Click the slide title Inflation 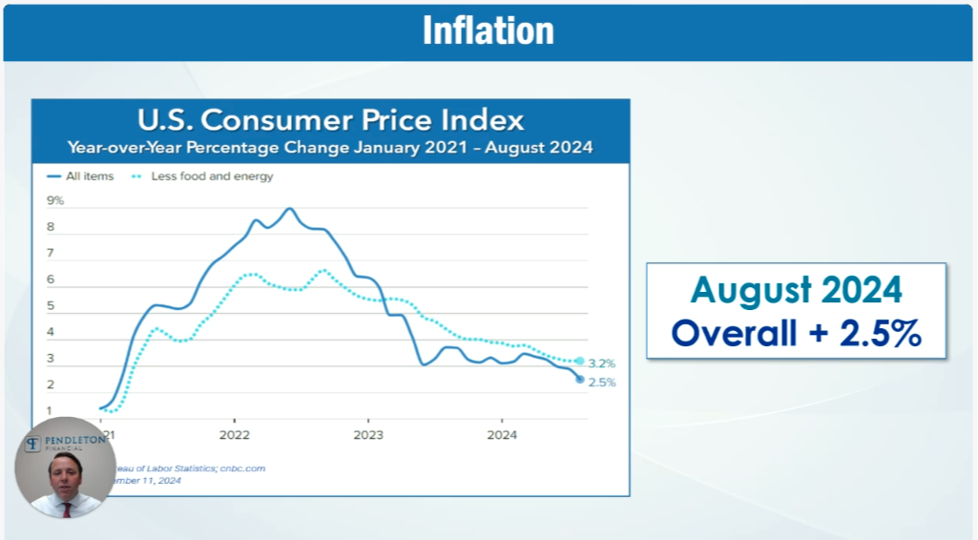pyautogui.click(x=488, y=31)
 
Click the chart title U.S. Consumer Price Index pyautogui.click(x=331, y=121)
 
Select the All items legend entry pyautogui.click(x=87, y=177)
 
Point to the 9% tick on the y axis pyautogui.click(x=55, y=201)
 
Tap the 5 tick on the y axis pyautogui.click(x=51, y=307)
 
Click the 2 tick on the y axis pyautogui.click(x=51, y=385)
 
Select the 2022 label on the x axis pyautogui.click(x=234, y=436)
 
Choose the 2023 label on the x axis pyautogui.click(x=368, y=436)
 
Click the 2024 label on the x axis pyautogui.click(x=502, y=436)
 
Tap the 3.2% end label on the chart pyautogui.click(x=602, y=363)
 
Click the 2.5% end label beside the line pyautogui.click(x=602, y=383)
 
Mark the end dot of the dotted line pyautogui.click(x=579, y=361)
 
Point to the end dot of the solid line pyautogui.click(x=579, y=379)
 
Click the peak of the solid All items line pyautogui.click(x=289, y=208)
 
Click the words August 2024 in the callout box pyautogui.click(x=796, y=289)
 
